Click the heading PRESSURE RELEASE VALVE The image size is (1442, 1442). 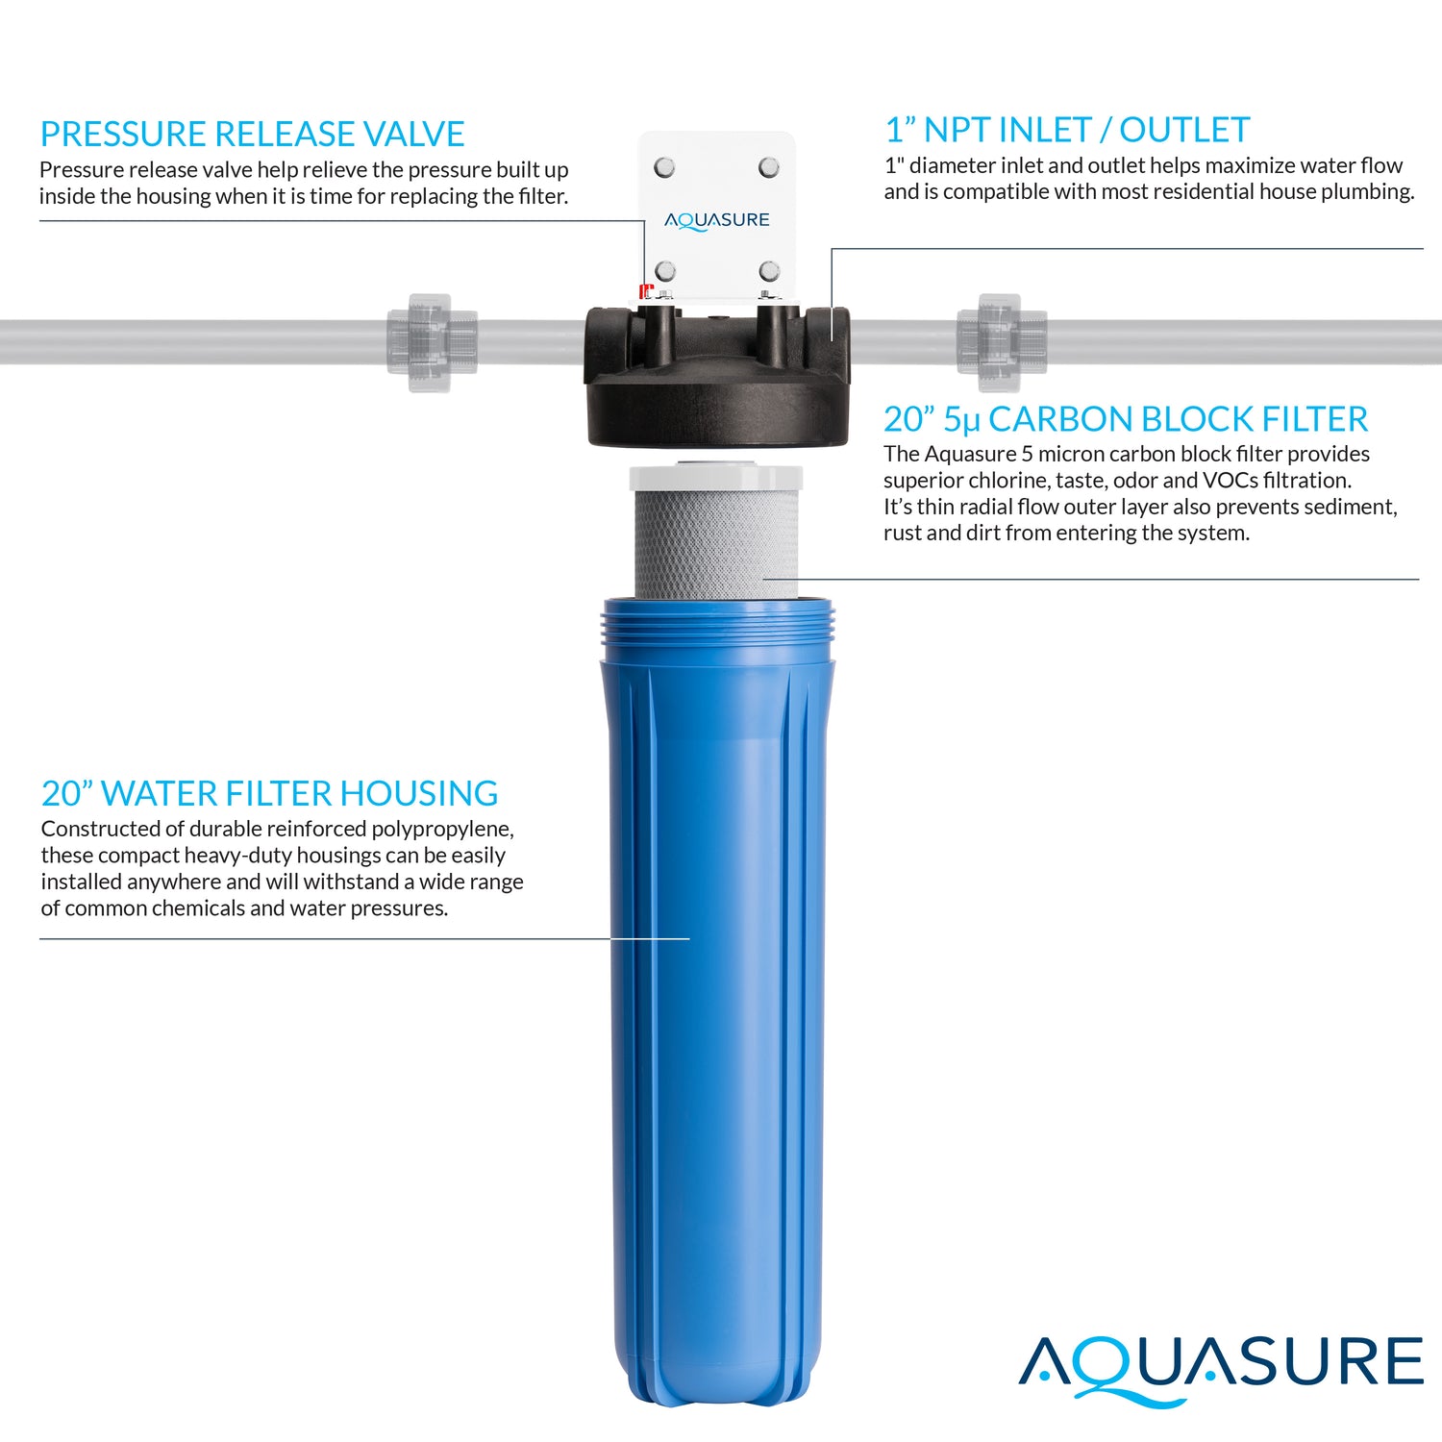[252, 134]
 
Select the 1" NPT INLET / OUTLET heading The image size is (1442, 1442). [1067, 130]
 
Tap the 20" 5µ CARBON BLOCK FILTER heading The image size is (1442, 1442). [1125, 419]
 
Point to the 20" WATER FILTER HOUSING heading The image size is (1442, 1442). [269, 793]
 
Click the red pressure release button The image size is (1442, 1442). [646, 290]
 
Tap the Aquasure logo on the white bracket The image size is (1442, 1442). [717, 220]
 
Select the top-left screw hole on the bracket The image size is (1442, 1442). [664, 168]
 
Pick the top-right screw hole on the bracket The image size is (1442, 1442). [769, 168]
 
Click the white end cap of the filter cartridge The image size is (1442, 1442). [716, 477]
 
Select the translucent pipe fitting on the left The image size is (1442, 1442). [432, 342]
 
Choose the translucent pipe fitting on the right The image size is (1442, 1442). [1002, 342]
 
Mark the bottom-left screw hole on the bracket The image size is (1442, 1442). [665, 271]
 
